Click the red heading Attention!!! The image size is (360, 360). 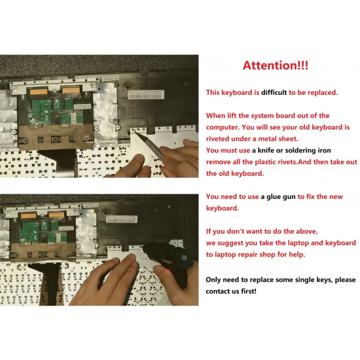(276, 65)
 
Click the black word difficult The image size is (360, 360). (274, 92)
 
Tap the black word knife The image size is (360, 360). (266, 151)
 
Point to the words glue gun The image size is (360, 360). (281, 197)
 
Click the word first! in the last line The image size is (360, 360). (249, 291)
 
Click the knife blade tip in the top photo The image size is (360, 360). (134, 130)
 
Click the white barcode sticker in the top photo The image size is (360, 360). (146, 94)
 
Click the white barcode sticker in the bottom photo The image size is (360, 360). (122, 219)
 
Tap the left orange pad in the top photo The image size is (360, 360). (39, 92)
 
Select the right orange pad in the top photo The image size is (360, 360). (71, 90)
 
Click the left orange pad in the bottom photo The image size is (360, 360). (28, 216)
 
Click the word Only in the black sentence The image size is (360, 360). (213, 280)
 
